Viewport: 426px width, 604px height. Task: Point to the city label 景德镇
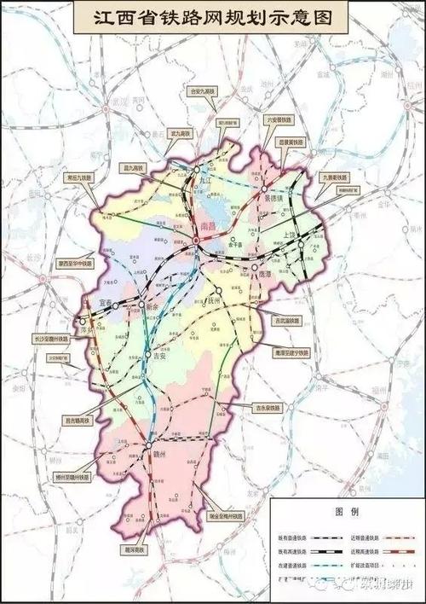click(274, 198)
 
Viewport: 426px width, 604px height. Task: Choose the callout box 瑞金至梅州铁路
click(224, 516)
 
